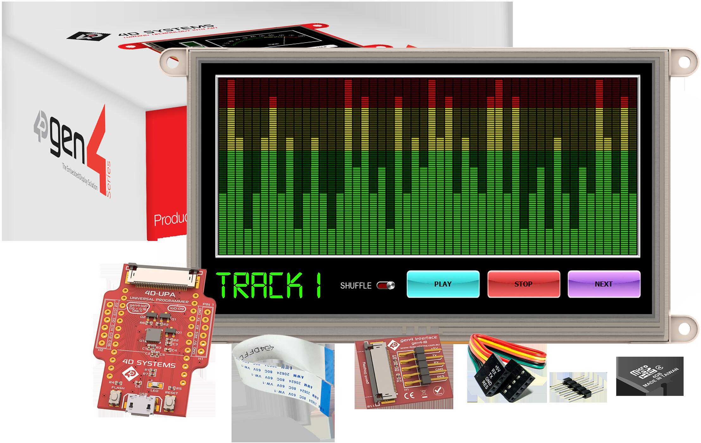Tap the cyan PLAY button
443,284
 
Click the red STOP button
524,284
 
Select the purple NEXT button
604,284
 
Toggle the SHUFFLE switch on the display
386,286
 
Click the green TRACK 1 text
269,286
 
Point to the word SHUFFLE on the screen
356,286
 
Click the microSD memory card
649,376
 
